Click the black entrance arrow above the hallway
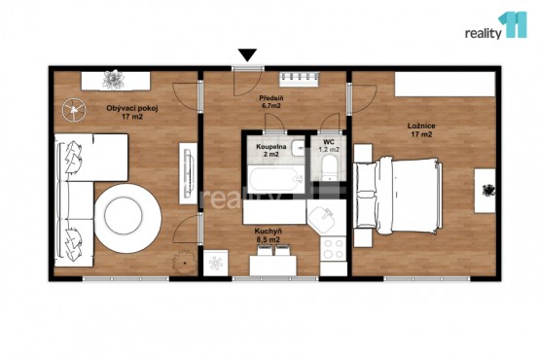tap(247, 54)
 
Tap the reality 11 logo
tap(496, 25)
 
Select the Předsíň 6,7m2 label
tap(271, 102)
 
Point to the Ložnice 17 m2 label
tap(421, 130)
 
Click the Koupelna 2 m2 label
tap(271, 150)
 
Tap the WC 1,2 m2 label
tap(329, 146)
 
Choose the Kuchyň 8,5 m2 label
tap(268, 235)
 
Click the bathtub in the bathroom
tap(276, 179)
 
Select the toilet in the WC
tap(330, 167)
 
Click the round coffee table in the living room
tap(127, 218)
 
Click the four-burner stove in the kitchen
tap(334, 249)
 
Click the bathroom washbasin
tap(299, 149)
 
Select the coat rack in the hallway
tap(299, 79)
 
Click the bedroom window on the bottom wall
tap(427, 278)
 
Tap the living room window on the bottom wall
tap(126, 278)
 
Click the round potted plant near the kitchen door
tap(185, 263)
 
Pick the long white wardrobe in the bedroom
tap(445, 84)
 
